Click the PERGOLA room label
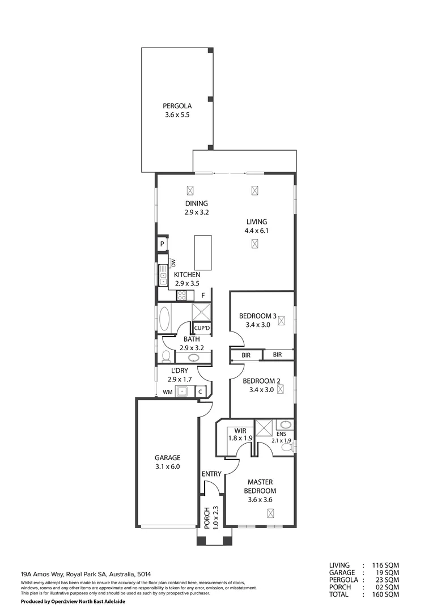point(177,106)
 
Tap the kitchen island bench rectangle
point(203,253)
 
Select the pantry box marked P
point(162,244)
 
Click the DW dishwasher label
point(173,263)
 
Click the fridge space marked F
point(203,295)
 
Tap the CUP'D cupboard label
point(202,328)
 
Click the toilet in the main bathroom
point(166,356)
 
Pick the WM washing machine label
point(167,392)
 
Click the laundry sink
point(183,391)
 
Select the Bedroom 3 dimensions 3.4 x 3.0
point(257,325)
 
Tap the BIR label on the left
point(246,355)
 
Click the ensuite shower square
point(264,428)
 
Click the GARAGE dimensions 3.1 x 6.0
point(168,467)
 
